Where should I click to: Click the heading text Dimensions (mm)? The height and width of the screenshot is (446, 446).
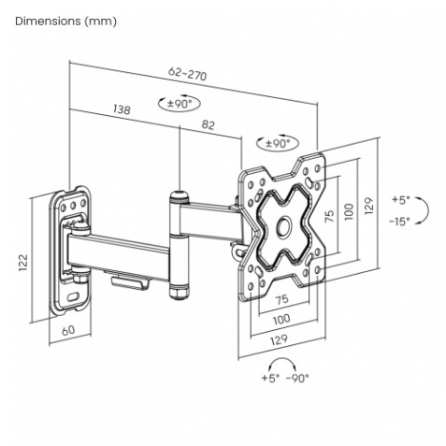(65, 22)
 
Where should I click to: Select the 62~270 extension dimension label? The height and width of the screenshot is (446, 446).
(187, 74)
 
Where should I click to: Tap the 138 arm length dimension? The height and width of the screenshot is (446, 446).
(122, 109)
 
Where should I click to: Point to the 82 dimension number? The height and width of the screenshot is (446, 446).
(209, 124)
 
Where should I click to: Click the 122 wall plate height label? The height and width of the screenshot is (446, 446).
(23, 263)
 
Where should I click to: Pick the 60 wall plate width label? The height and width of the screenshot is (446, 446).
(68, 330)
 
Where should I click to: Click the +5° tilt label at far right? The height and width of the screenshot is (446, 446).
(401, 199)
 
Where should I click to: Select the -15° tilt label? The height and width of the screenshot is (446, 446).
(399, 222)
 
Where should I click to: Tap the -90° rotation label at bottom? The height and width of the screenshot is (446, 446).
(297, 378)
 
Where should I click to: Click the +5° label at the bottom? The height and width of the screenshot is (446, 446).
(270, 378)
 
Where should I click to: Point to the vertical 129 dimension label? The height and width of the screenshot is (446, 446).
(368, 206)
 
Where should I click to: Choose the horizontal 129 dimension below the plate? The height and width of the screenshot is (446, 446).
(279, 340)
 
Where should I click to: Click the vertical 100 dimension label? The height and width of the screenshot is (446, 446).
(350, 212)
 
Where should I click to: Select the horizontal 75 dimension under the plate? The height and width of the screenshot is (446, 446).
(282, 299)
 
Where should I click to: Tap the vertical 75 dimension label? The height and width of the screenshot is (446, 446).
(329, 216)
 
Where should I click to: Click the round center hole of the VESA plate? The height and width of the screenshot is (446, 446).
(284, 227)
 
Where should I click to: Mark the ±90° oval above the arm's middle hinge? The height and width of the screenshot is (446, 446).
(180, 104)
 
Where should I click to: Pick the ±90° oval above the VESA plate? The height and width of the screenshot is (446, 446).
(278, 143)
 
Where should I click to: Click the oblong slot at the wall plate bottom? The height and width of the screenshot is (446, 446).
(73, 296)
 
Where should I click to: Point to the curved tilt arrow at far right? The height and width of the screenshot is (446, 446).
(427, 209)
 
